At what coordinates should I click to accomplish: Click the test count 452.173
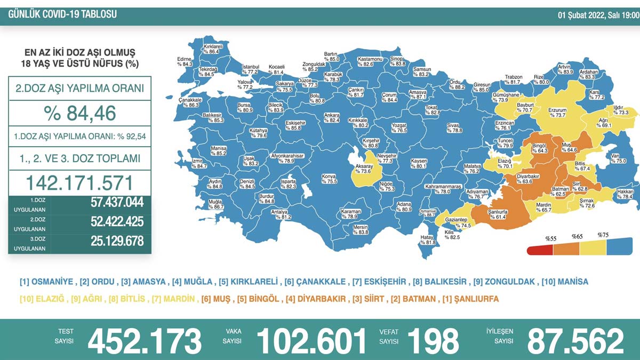(x=145, y=340)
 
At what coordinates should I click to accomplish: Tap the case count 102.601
(x=312, y=340)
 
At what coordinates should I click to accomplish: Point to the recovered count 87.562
(x=575, y=340)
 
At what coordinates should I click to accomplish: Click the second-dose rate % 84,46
(x=79, y=113)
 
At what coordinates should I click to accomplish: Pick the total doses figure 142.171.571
(x=79, y=183)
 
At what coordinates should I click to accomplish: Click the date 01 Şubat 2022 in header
(x=596, y=15)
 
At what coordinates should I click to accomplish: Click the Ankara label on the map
(x=332, y=117)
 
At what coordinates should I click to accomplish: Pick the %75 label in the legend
(x=603, y=235)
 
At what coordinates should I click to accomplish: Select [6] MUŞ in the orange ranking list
(x=214, y=299)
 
